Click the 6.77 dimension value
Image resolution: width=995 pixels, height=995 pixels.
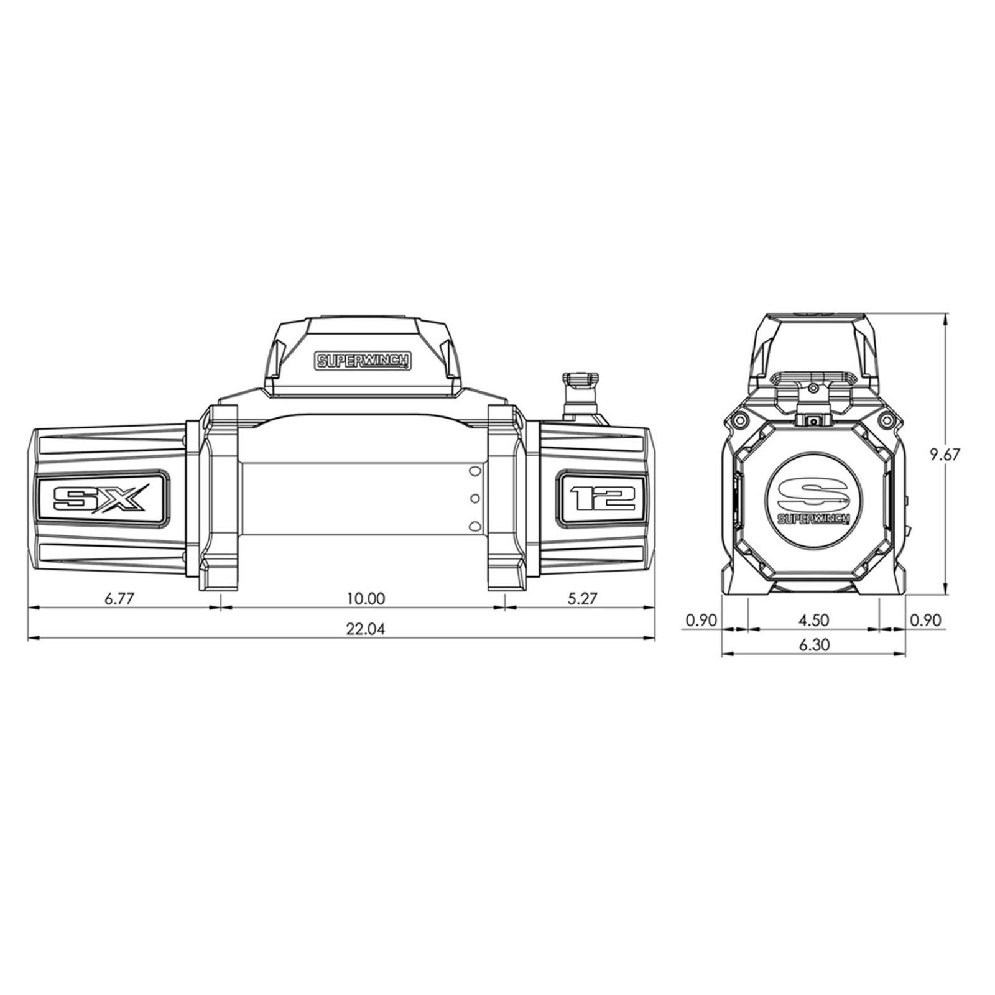click(x=119, y=599)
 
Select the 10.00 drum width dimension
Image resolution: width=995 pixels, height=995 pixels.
click(x=366, y=599)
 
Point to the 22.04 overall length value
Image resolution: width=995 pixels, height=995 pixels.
click(x=366, y=629)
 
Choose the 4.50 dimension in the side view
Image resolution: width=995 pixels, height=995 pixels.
click(x=813, y=620)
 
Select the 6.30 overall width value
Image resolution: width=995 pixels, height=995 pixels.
click(x=813, y=646)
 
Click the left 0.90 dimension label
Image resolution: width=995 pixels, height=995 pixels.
click(x=701, y=620)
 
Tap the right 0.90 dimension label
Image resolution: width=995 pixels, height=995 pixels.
click(x=926, y=620)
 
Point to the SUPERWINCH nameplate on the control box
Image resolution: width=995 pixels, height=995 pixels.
click(x=363, y=361)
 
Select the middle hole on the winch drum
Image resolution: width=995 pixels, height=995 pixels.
click(x=475, y=498)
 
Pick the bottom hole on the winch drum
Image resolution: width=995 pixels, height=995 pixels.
click(x=475, y=525)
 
